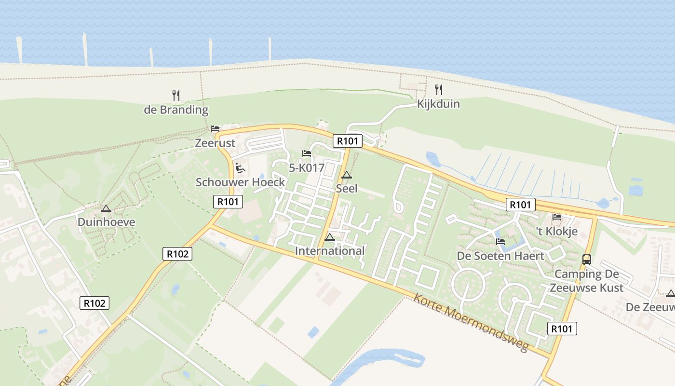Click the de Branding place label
[176, 110]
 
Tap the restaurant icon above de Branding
[176, 96]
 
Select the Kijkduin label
[438, 104]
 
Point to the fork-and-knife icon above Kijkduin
[438, 90]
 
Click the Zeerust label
[215, 143]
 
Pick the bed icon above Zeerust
[215, 129]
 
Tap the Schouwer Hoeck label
[240, 182]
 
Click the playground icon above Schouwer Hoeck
[240, 168]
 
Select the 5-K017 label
[306, 168]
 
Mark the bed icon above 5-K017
[306, 153]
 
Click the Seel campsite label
[347, 189]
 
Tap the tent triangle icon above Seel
[347, 175]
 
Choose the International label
[330, 251]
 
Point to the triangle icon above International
[330, 237]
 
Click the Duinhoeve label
[106, 222]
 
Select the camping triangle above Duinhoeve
[106, 209]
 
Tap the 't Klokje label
[557, 231]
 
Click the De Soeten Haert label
[500, 256]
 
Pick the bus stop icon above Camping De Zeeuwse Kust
[587, 260]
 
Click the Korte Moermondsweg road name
[471, 322]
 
